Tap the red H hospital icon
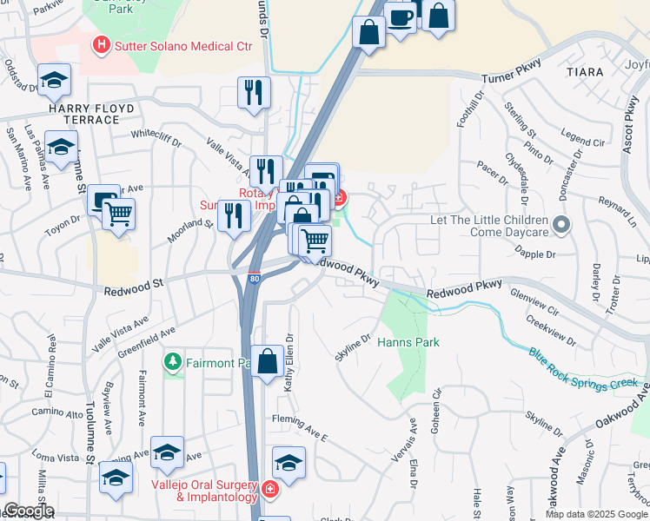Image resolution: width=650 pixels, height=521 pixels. [103, 43]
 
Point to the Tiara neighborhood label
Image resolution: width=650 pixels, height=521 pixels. [584, 72]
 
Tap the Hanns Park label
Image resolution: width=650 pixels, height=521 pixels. [408, 342]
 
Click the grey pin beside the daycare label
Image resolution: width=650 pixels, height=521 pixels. [561, 226]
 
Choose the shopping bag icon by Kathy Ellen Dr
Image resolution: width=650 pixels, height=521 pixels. [267, 359]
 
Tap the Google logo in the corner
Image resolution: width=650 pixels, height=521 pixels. [28, 511]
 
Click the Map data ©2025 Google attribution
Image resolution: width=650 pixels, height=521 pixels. [596, 514]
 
